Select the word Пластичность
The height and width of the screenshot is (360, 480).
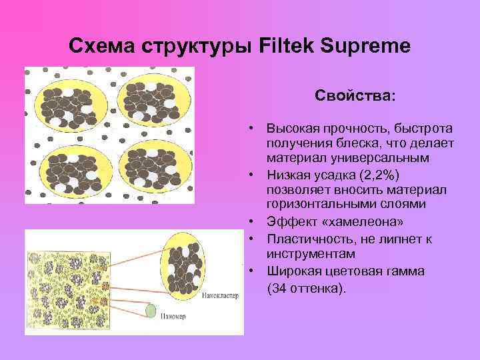(309, 238)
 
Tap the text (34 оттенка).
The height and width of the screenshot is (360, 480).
(307, 289)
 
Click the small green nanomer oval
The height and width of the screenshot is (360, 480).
(151, 311)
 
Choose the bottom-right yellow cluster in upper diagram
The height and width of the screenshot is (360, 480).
(153, 167)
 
